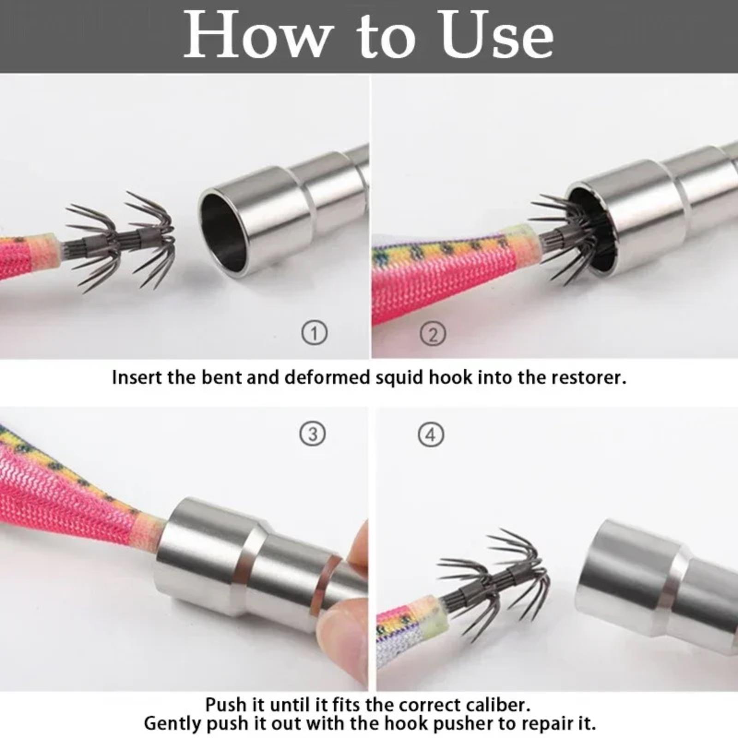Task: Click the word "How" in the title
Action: point(258,36)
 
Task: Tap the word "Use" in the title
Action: point(497,36)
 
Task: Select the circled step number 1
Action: point(315,333)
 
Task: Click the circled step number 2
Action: point(433,334)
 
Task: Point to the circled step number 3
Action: point(313,434)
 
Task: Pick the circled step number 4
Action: point(431,434)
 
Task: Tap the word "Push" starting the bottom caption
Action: point(226,705)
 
